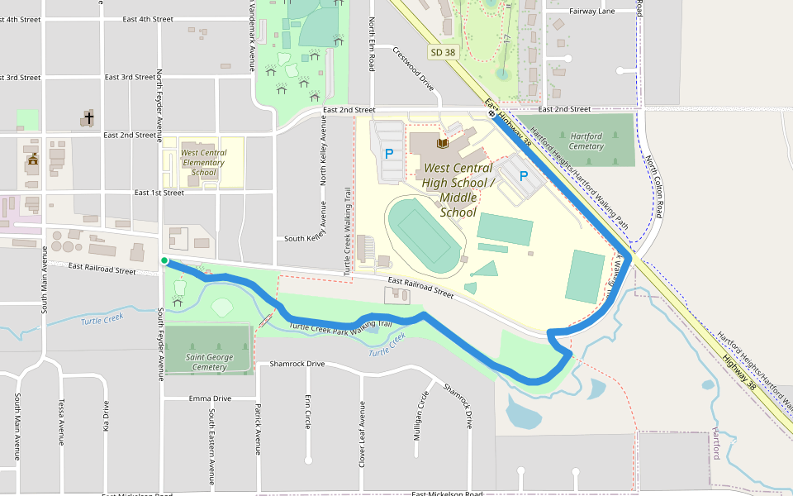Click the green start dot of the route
coord(164,261)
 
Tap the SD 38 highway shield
coord(443,52)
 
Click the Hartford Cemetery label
coord(586,141)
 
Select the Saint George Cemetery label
coord(209,362)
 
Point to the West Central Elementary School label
coord(202,162)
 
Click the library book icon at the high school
coord(444,145)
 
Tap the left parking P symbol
coord(389,154)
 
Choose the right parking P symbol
coord(523,175)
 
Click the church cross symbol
coord(88,117)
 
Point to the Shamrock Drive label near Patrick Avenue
coord(292,364)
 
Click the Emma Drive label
coord(210,398)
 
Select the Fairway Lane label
coord(592,12)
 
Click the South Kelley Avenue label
coord(307,239)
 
